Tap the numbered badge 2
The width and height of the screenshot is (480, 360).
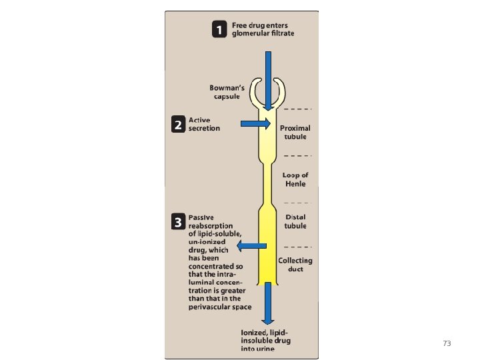click(x=178, y=125)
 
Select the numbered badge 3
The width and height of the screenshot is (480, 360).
click(x=178, y=222)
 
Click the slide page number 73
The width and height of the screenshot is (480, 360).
click(x=447, y=343)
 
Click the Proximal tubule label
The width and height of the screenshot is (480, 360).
click(x=295, y=132)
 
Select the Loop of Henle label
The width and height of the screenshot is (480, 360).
click(x=295, y=179)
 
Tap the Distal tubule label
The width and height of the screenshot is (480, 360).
click(x=296, y=221)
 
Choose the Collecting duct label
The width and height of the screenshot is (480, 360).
click(x=295, y=265)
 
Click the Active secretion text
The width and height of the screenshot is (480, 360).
click(x=204, y=125)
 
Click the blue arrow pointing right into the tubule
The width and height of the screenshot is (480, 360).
click(x=255, y=123)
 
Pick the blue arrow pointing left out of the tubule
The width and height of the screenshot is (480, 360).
click(x=252, y=246)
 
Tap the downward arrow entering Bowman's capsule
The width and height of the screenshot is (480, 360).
click(x=267, y=80)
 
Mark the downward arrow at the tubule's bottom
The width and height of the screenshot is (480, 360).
click(x=267, y=303)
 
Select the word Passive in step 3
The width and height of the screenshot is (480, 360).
click(x=201, y=217)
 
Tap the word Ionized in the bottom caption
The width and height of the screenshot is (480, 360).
click(x=255, y=332)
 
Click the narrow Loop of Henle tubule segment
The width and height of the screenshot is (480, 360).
click(x=267, y=180)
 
